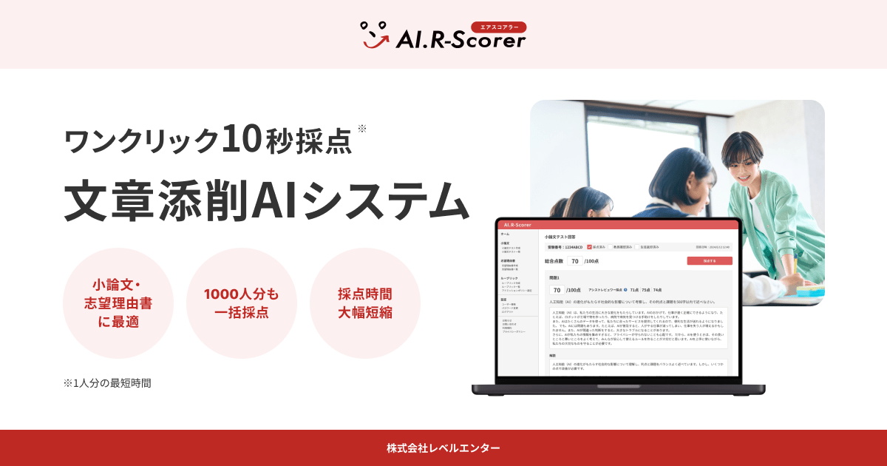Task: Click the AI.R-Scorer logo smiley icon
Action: click(x=374, y=34)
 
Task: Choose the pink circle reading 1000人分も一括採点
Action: click(x=242, y=303)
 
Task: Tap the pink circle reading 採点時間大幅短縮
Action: click(x=365, y=303)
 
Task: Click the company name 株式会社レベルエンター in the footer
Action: click(x=443, y=448)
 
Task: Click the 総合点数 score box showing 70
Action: click(x=575, y=261)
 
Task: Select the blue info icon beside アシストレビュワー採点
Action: click(x=625, y=290)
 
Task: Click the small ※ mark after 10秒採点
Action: click(x=362, y=129)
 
